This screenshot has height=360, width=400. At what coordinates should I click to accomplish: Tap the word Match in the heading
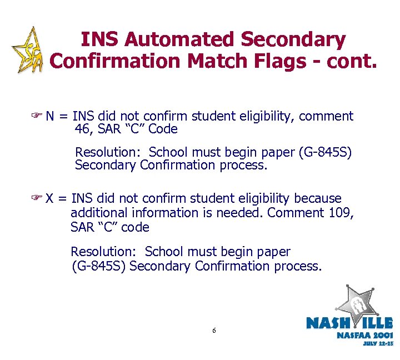point(217,62)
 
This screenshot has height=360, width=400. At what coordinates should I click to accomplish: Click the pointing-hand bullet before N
point(38,117)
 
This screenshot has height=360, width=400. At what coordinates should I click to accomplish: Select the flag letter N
point(50,117)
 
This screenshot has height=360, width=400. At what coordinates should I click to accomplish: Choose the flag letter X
point(50,199)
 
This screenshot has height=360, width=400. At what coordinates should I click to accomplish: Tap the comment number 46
point(82,130)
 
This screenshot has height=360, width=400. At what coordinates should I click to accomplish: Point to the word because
point(318,199)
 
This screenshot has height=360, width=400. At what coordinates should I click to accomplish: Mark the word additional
point(99,213)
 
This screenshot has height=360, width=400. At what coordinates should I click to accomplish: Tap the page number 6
point(214,331)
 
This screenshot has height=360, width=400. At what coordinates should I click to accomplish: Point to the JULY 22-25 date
point(378,344)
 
